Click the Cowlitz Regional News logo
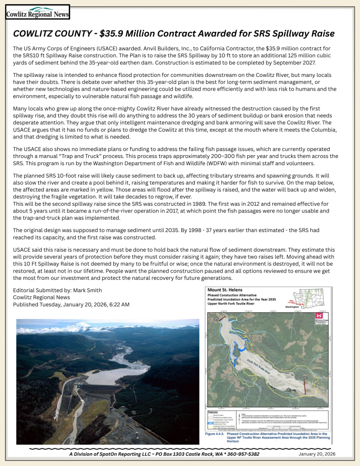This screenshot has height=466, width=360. coord(37,12)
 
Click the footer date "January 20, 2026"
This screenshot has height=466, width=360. coord(317,454)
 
